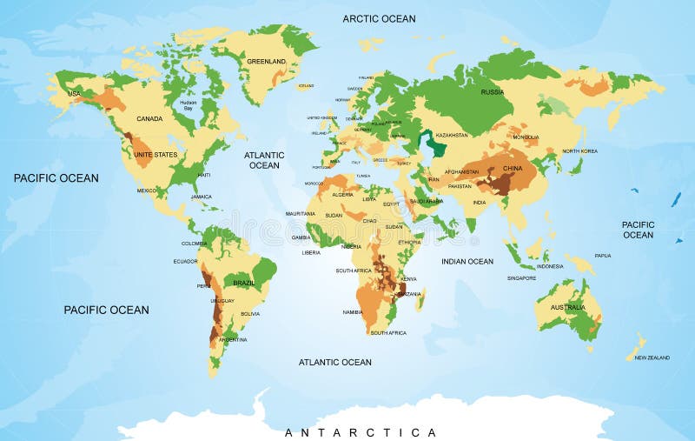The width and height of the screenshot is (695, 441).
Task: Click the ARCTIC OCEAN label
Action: (379, 18)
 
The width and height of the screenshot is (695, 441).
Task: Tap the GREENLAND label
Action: (266, 62)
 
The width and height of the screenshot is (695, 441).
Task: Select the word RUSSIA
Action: (493, 91)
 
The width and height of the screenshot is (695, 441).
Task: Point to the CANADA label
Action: (150, 118)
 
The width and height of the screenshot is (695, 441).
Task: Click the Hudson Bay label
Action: (189, 104)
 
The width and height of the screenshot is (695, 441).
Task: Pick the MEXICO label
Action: (147, 190)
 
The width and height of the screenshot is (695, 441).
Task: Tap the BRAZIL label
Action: (244, 284)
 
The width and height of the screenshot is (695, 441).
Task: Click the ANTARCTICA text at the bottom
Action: (361, 432)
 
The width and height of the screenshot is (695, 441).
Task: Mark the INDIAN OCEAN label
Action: (467, 261)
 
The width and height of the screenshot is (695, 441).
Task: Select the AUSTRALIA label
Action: (568, 307)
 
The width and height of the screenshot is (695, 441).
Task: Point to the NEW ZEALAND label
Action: (652, 357)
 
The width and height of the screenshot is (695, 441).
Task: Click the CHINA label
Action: (512, 169)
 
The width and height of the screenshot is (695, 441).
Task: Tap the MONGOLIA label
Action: (526, 137)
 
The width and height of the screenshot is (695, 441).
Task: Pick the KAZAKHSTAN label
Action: (452, 135)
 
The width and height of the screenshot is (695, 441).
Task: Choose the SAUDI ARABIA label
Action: (427, 201)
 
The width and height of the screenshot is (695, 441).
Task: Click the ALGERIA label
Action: (343, 194)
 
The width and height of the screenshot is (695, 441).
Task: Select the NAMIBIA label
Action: (353, 311)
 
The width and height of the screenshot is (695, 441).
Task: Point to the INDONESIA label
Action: (550, 266)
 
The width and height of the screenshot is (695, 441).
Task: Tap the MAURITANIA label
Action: (301, 213)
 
